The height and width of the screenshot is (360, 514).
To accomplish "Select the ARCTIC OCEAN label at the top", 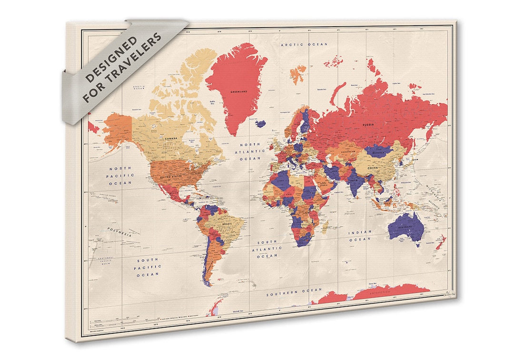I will tap(304, 44).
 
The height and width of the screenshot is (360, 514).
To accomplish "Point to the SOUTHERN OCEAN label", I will tap(294, 290).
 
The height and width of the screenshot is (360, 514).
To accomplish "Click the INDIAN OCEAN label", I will tap(360, 236).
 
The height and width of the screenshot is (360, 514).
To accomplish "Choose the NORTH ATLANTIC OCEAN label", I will tap(250, 151).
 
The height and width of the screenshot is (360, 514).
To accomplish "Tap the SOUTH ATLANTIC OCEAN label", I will tap(267, 248).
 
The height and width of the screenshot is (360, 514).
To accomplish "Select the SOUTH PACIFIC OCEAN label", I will tap(148, 267).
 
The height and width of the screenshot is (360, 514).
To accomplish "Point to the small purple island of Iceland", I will tap(260, 123).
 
